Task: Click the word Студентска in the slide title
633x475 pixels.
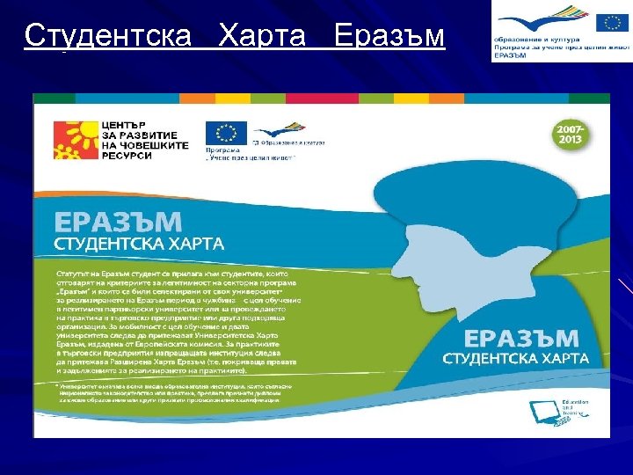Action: (x=107, y=36)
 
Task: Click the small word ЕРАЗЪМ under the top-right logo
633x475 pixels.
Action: (x=509, y=55)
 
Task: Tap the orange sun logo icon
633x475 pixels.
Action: (x=74, y=137)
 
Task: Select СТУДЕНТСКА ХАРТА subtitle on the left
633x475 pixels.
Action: (x=140, y=241)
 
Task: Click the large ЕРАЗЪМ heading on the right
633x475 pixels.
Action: (x=520, y=339)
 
